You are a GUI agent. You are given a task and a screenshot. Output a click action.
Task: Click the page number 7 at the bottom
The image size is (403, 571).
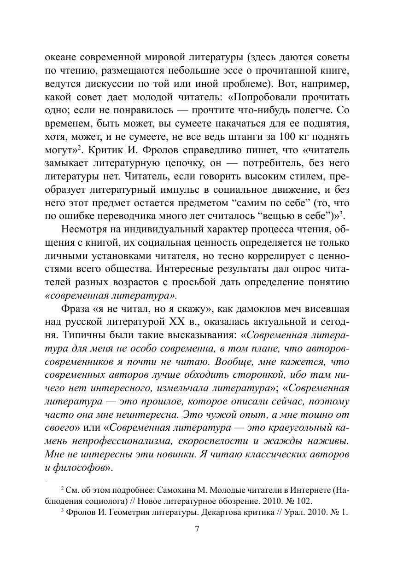[x=197, y=529]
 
